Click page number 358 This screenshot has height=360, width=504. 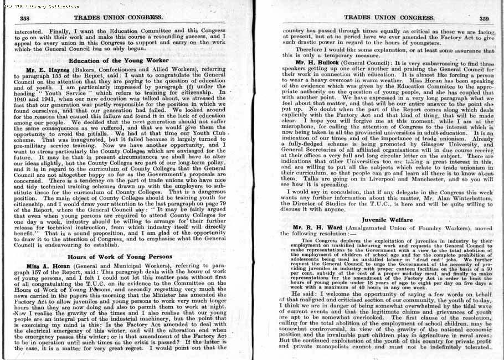coord(24,18)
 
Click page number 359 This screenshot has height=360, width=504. coord(484,18)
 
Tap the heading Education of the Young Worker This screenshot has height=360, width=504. coord(119,60)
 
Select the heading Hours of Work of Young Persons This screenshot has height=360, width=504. coord(119,257)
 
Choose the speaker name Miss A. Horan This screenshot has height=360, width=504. coord(47,266)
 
